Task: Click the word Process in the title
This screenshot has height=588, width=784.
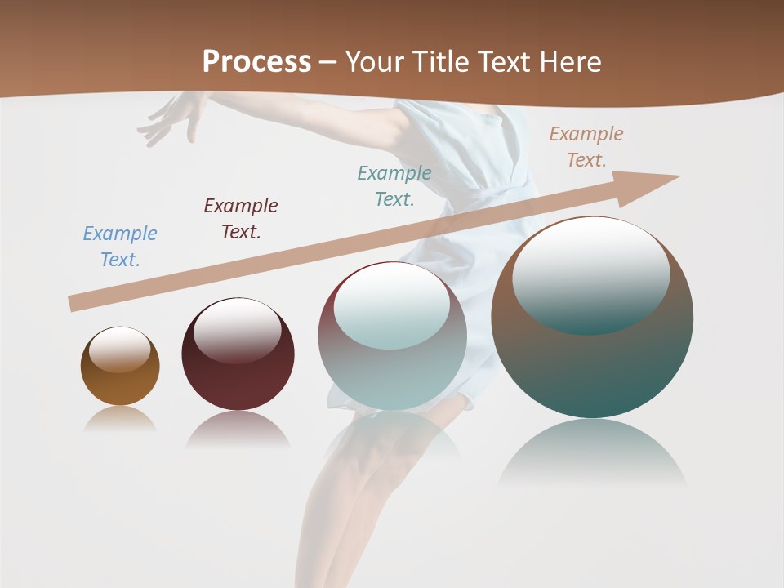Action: (256, 61)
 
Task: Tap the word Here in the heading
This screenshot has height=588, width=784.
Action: (570, 61)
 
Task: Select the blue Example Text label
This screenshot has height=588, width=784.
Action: (120, 247)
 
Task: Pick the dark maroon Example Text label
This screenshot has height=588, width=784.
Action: (241, 219)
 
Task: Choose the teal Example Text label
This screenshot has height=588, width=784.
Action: (394, 186)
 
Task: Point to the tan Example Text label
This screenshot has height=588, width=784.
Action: (586, 147)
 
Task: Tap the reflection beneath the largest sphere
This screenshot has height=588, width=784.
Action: (592, 453)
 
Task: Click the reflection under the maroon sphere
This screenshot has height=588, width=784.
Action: (238, 429)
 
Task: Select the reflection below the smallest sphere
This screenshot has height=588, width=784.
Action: (120, 418)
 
